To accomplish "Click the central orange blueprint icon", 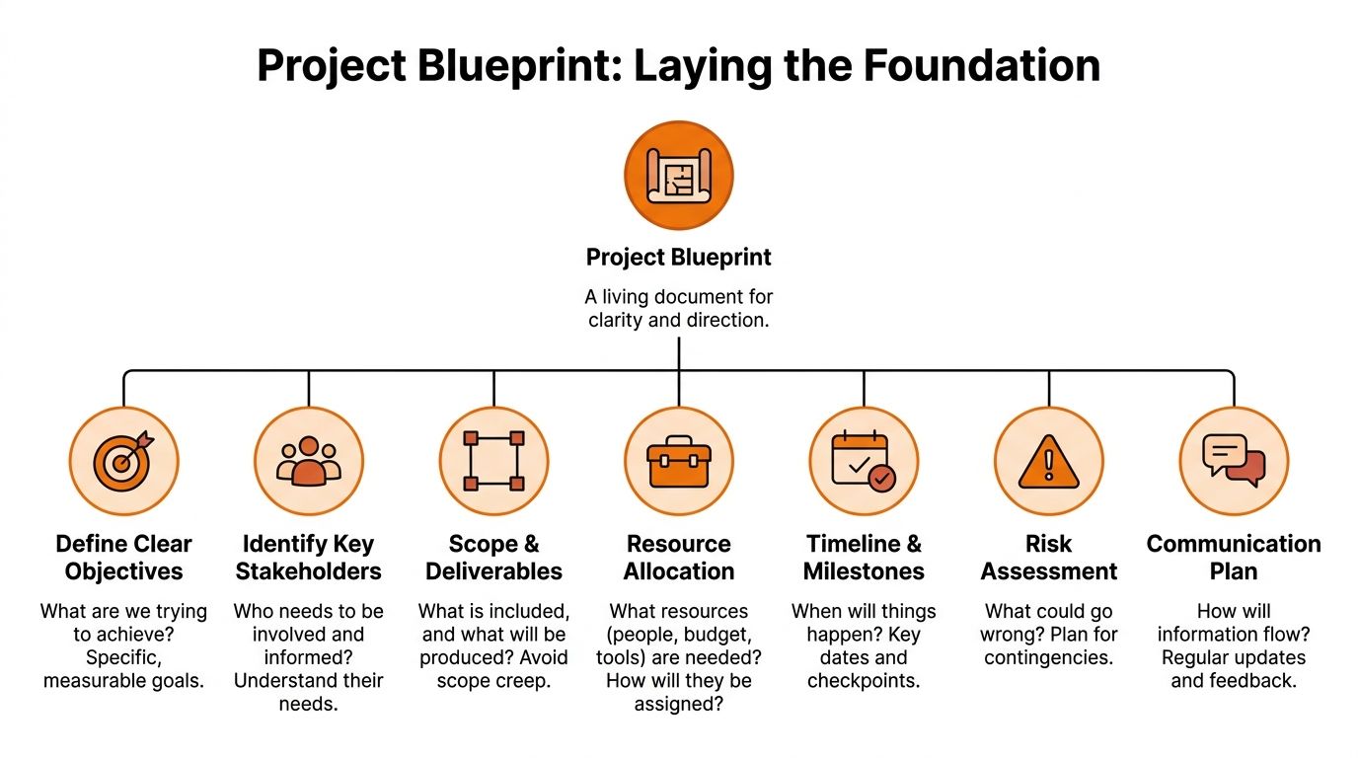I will [x=679, y=175].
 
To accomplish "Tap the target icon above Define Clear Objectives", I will [x=123, y=461].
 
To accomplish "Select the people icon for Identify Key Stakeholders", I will [x=308, y=461].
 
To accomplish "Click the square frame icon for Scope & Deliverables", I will [x=493, y=461].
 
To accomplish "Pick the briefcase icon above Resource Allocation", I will [x=679, y=461].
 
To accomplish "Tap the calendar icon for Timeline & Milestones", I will [x=864, y=461].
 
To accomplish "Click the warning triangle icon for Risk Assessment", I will [x=1048, y=461].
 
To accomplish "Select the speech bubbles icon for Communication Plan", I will [x=1234, y=461].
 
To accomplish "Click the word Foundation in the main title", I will [x=982, y=65].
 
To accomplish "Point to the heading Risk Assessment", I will [x=1048, y=558].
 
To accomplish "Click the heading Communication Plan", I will [x=1234, y=558].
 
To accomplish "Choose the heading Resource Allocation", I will [x=679, y=558].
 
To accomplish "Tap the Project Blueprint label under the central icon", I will [x=679, y=258].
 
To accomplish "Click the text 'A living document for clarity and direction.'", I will [x=679, y=308].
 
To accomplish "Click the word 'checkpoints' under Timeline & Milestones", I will [x=864, y=680].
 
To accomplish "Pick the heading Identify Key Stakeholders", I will [x=308, y=558].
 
